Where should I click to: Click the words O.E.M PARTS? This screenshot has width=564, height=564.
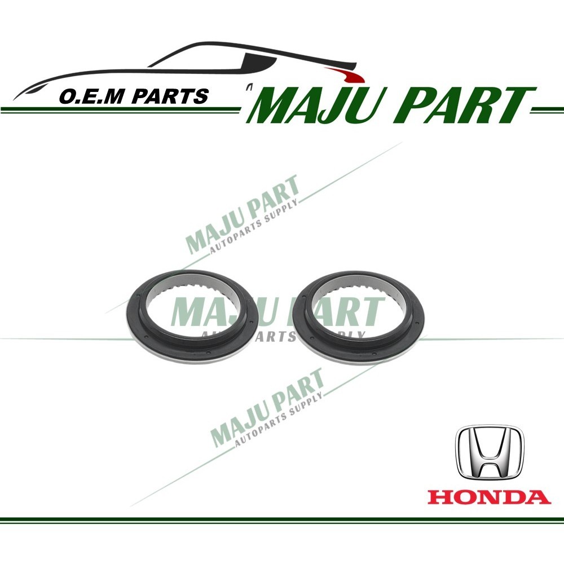coord(133,96)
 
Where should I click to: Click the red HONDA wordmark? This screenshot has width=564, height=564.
coord(489,497)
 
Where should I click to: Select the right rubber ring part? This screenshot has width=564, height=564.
coord(361,317)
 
